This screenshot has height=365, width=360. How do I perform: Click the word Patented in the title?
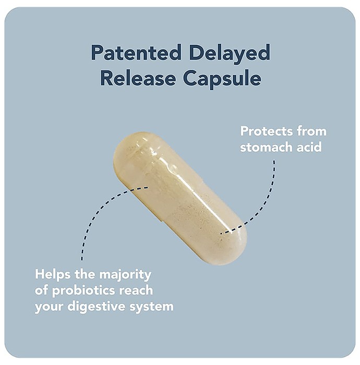click(136, 52)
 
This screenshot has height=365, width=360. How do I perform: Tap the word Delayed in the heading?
click(230, 54)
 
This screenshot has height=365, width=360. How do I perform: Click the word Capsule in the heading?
click(222, 79)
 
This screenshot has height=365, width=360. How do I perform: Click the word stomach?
click(267, 147)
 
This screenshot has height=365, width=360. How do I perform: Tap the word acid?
click(309, 147)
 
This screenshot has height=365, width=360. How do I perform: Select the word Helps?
click(53, 275)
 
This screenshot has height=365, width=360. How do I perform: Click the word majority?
click(125, 276)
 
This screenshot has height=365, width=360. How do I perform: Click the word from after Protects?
click(311, 131)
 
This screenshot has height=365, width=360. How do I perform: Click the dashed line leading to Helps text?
click(98, 210)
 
